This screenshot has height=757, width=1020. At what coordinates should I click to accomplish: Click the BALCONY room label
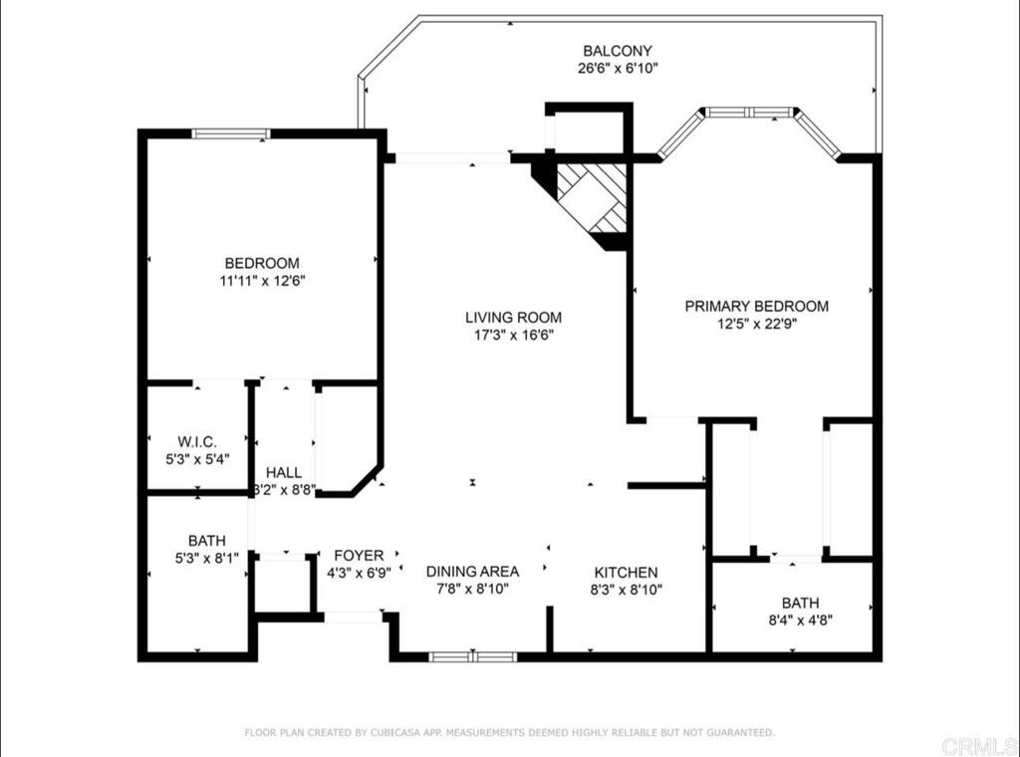pyautogui.click(x=618, y=51)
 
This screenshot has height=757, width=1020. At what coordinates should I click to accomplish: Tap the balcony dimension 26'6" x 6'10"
pyautogui.click(x=618, y=69)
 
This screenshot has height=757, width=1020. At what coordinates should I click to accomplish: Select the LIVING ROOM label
pyautogui.click(x=513, y=318)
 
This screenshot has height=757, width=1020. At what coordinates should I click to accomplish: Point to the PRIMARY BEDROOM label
pyautogui.click(x=757, y=307)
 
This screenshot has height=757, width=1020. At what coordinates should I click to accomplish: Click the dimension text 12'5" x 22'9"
pyautogui.click(x=757, y=324)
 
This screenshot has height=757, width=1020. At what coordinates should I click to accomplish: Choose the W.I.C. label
pyautogui.click(x=197, y=442)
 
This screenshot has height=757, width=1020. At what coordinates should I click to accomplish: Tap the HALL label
pyautogui.click(x=284, y=473)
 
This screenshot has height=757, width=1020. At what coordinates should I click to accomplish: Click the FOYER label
pyautogui.click(x=359, y=556)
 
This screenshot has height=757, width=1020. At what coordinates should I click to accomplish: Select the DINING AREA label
pyautogui.click(x=472, y=572)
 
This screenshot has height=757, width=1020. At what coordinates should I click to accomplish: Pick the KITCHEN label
pyautogui.click(x=626, y=573)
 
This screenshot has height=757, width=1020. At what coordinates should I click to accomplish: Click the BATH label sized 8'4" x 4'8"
pyautogui.click(x=800, y=603)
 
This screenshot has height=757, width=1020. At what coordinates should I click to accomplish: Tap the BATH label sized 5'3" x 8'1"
pyautogui.click(x=207, y=541)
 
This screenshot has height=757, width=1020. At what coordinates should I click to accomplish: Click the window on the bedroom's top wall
pyautogui.click(x=231, y=134)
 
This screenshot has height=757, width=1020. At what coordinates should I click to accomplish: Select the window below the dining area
pyautogui.click(x=473, y=656)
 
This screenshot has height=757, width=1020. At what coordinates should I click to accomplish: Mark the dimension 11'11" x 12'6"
pyautogui.click(x=263, y=281)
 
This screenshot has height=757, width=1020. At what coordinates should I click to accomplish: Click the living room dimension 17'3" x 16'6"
pyautogui.click(x=513, y=336)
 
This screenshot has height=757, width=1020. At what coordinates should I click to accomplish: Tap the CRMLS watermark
pyautogui.click(x=979, y=746)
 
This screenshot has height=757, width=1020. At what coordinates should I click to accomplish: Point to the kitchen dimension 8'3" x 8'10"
pyautogui.click(x=626, y=591)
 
